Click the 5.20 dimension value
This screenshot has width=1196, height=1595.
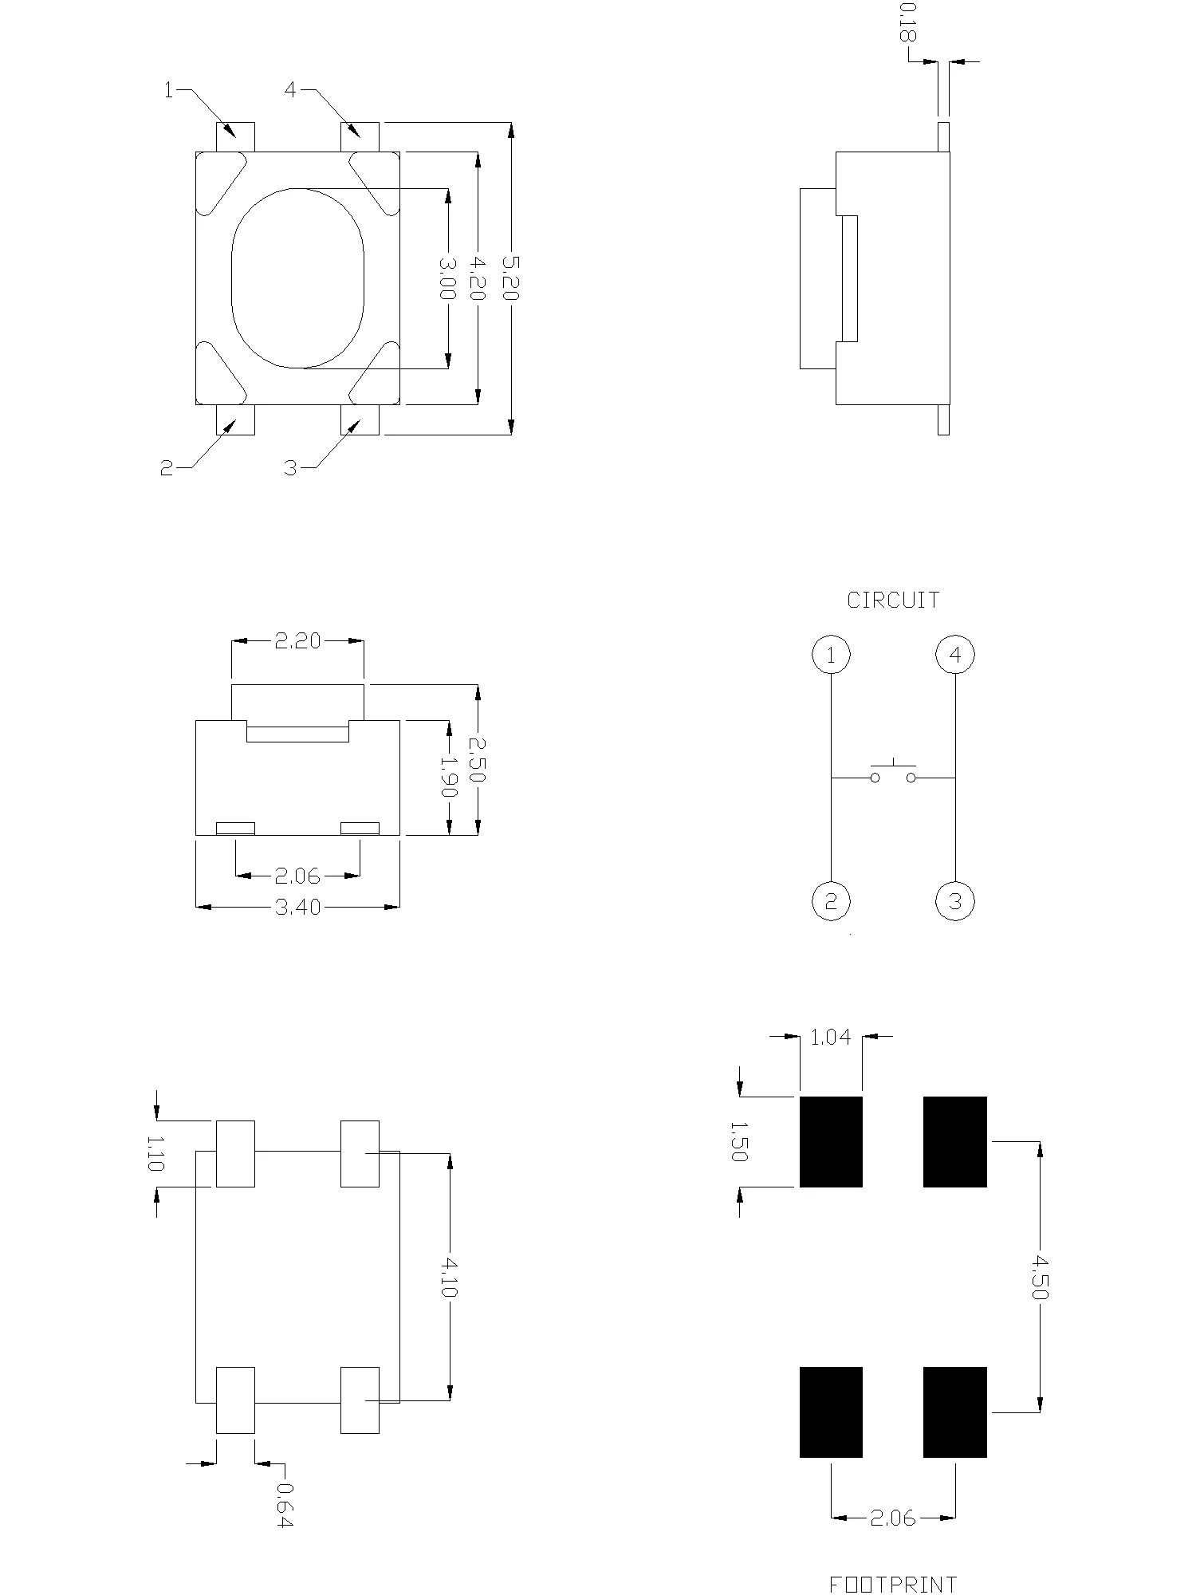[x=510, y=278]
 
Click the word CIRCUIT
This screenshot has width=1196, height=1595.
[x=893, y=601]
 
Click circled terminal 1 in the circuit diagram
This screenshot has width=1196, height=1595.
[x=831, y=656]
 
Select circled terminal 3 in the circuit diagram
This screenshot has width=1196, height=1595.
[x=955, y=902]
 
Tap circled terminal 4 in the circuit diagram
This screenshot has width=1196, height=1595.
[x=955, y=656]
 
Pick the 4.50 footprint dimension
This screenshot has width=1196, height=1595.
[x=1039, y=1277]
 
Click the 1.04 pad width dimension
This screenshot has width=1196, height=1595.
[x=831, y=1037]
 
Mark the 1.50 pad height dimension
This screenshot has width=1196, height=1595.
[x=739, y=1141]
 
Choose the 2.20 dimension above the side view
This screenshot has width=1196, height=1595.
[x=297, y=640]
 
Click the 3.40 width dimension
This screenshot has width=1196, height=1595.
[x=297, y=907]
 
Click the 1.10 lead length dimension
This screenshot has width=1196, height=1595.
[x=155, y=1153]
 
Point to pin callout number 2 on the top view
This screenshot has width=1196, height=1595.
[x=167, y=469]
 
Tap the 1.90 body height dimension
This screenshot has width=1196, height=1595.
[x=449, y=778]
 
